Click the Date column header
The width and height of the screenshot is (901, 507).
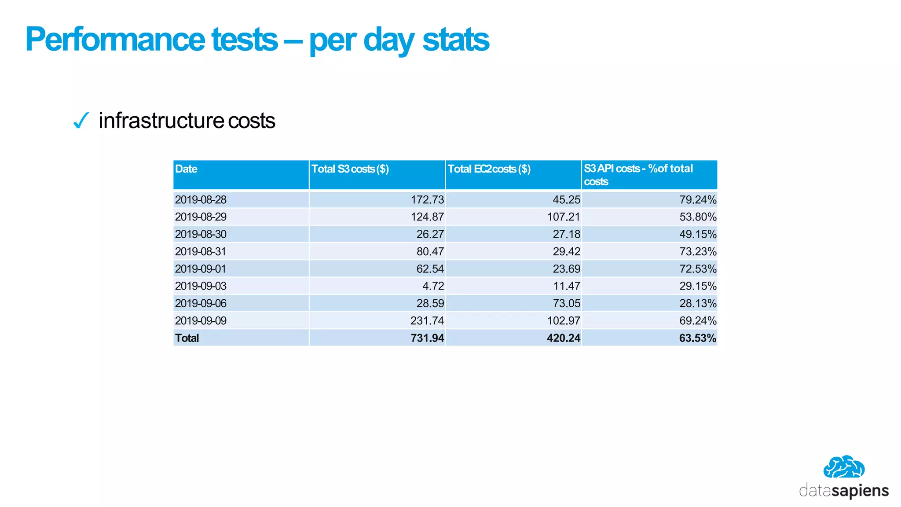point(186,169)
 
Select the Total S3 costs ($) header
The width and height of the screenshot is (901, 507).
point(350,169)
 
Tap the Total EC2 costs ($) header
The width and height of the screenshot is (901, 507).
point(489,169)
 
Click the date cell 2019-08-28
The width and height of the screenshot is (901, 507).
point(201,200)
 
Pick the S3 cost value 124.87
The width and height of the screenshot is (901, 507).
point(427,217)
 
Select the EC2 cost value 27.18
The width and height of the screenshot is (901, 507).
point(566,234)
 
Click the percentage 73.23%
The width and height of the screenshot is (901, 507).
point(698,252)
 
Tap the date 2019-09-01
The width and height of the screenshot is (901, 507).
point(201,269)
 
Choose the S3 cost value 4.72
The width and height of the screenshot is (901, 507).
point(433,286)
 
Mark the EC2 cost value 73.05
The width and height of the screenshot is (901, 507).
point(566,304)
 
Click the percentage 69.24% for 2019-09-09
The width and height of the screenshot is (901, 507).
point(698,321)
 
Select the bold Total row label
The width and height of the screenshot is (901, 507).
point(187,338)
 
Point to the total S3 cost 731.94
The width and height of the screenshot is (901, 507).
point(427,338)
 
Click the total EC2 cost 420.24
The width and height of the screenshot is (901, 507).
point(564,338)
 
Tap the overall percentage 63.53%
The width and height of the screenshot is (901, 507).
point(698,338)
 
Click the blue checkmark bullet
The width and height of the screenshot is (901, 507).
point(81,121)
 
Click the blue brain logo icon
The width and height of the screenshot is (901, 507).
point(844,467)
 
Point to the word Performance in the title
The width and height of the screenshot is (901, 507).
point(114,40)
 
